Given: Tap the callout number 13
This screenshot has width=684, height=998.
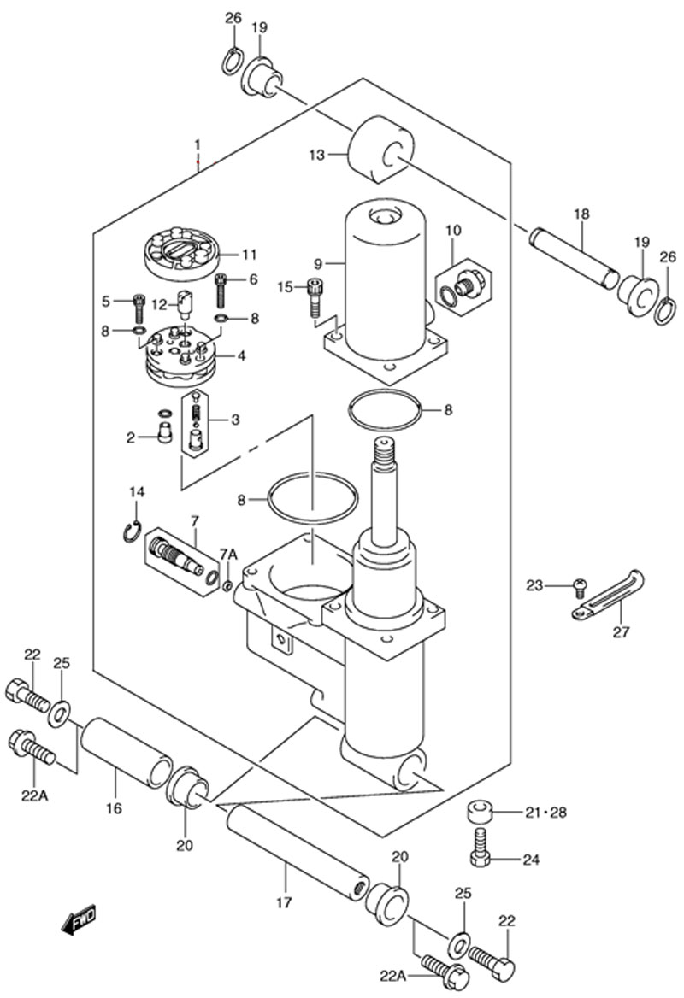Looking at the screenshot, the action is point(316,155).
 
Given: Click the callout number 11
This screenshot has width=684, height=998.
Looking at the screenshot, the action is point(249,255).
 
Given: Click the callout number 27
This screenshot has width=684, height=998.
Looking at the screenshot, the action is point(621,632).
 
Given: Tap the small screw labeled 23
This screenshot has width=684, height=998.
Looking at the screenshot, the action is point(581,588).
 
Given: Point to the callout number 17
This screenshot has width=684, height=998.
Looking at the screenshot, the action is point(284,902).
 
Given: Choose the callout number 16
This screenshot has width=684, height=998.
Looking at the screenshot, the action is point(115,809).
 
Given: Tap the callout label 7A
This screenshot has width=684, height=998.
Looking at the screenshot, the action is point(228,555).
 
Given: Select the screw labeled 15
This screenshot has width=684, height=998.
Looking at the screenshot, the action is point(315,297).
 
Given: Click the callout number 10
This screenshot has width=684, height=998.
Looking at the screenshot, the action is point(453,230).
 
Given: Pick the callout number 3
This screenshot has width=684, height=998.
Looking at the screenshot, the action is point(236,420).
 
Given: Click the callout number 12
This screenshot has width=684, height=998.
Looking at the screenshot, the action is point(159,305).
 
